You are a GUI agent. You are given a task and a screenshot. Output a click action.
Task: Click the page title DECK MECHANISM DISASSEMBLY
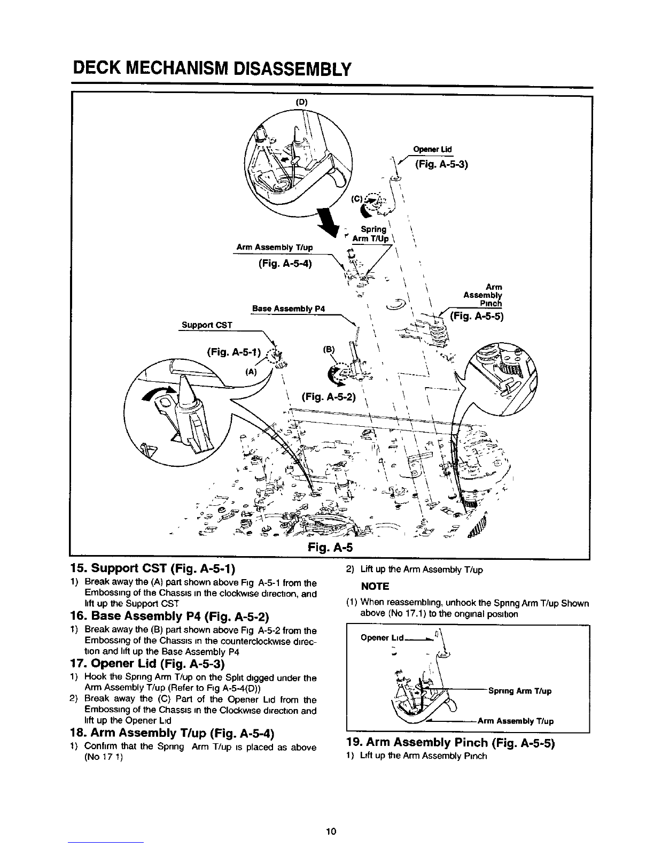point(212,69)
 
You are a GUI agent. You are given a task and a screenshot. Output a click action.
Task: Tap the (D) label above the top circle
point(301,103)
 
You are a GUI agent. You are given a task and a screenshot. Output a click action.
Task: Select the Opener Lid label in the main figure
point(432,149)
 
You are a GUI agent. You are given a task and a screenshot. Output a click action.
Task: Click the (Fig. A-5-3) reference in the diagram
point(441,164)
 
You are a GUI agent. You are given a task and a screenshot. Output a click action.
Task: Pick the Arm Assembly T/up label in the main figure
point(275,248)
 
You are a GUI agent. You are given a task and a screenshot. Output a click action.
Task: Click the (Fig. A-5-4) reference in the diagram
point(285,264)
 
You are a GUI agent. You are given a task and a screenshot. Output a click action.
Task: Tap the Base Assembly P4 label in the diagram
point(288,309)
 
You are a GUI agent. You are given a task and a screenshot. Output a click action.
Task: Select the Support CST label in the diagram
point(207,325)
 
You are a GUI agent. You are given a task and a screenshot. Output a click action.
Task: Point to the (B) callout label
point(329,349)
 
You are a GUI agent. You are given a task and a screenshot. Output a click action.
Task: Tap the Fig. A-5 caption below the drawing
point(330,547)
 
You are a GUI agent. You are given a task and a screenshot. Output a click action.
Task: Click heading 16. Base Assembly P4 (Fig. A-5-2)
point(170,616)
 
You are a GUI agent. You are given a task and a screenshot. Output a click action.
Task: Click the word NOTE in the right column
point(375,587)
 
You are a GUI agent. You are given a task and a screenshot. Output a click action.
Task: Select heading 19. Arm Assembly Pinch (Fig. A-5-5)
point(450,743)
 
